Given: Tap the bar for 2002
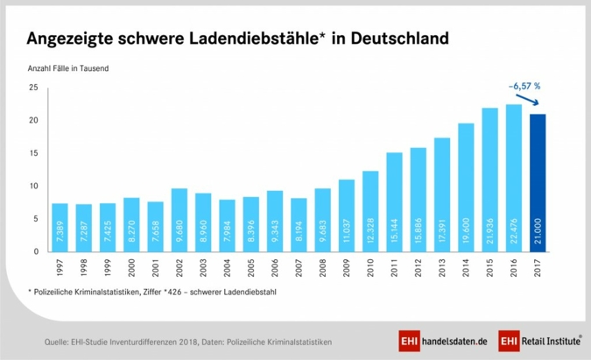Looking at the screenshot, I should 179,220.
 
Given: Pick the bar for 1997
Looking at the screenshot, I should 60,227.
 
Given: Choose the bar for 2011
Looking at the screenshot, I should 393,201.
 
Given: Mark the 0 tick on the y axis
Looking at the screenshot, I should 34,251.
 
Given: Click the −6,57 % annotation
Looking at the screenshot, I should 524,86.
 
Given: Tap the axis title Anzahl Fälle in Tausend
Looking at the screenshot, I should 71,67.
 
